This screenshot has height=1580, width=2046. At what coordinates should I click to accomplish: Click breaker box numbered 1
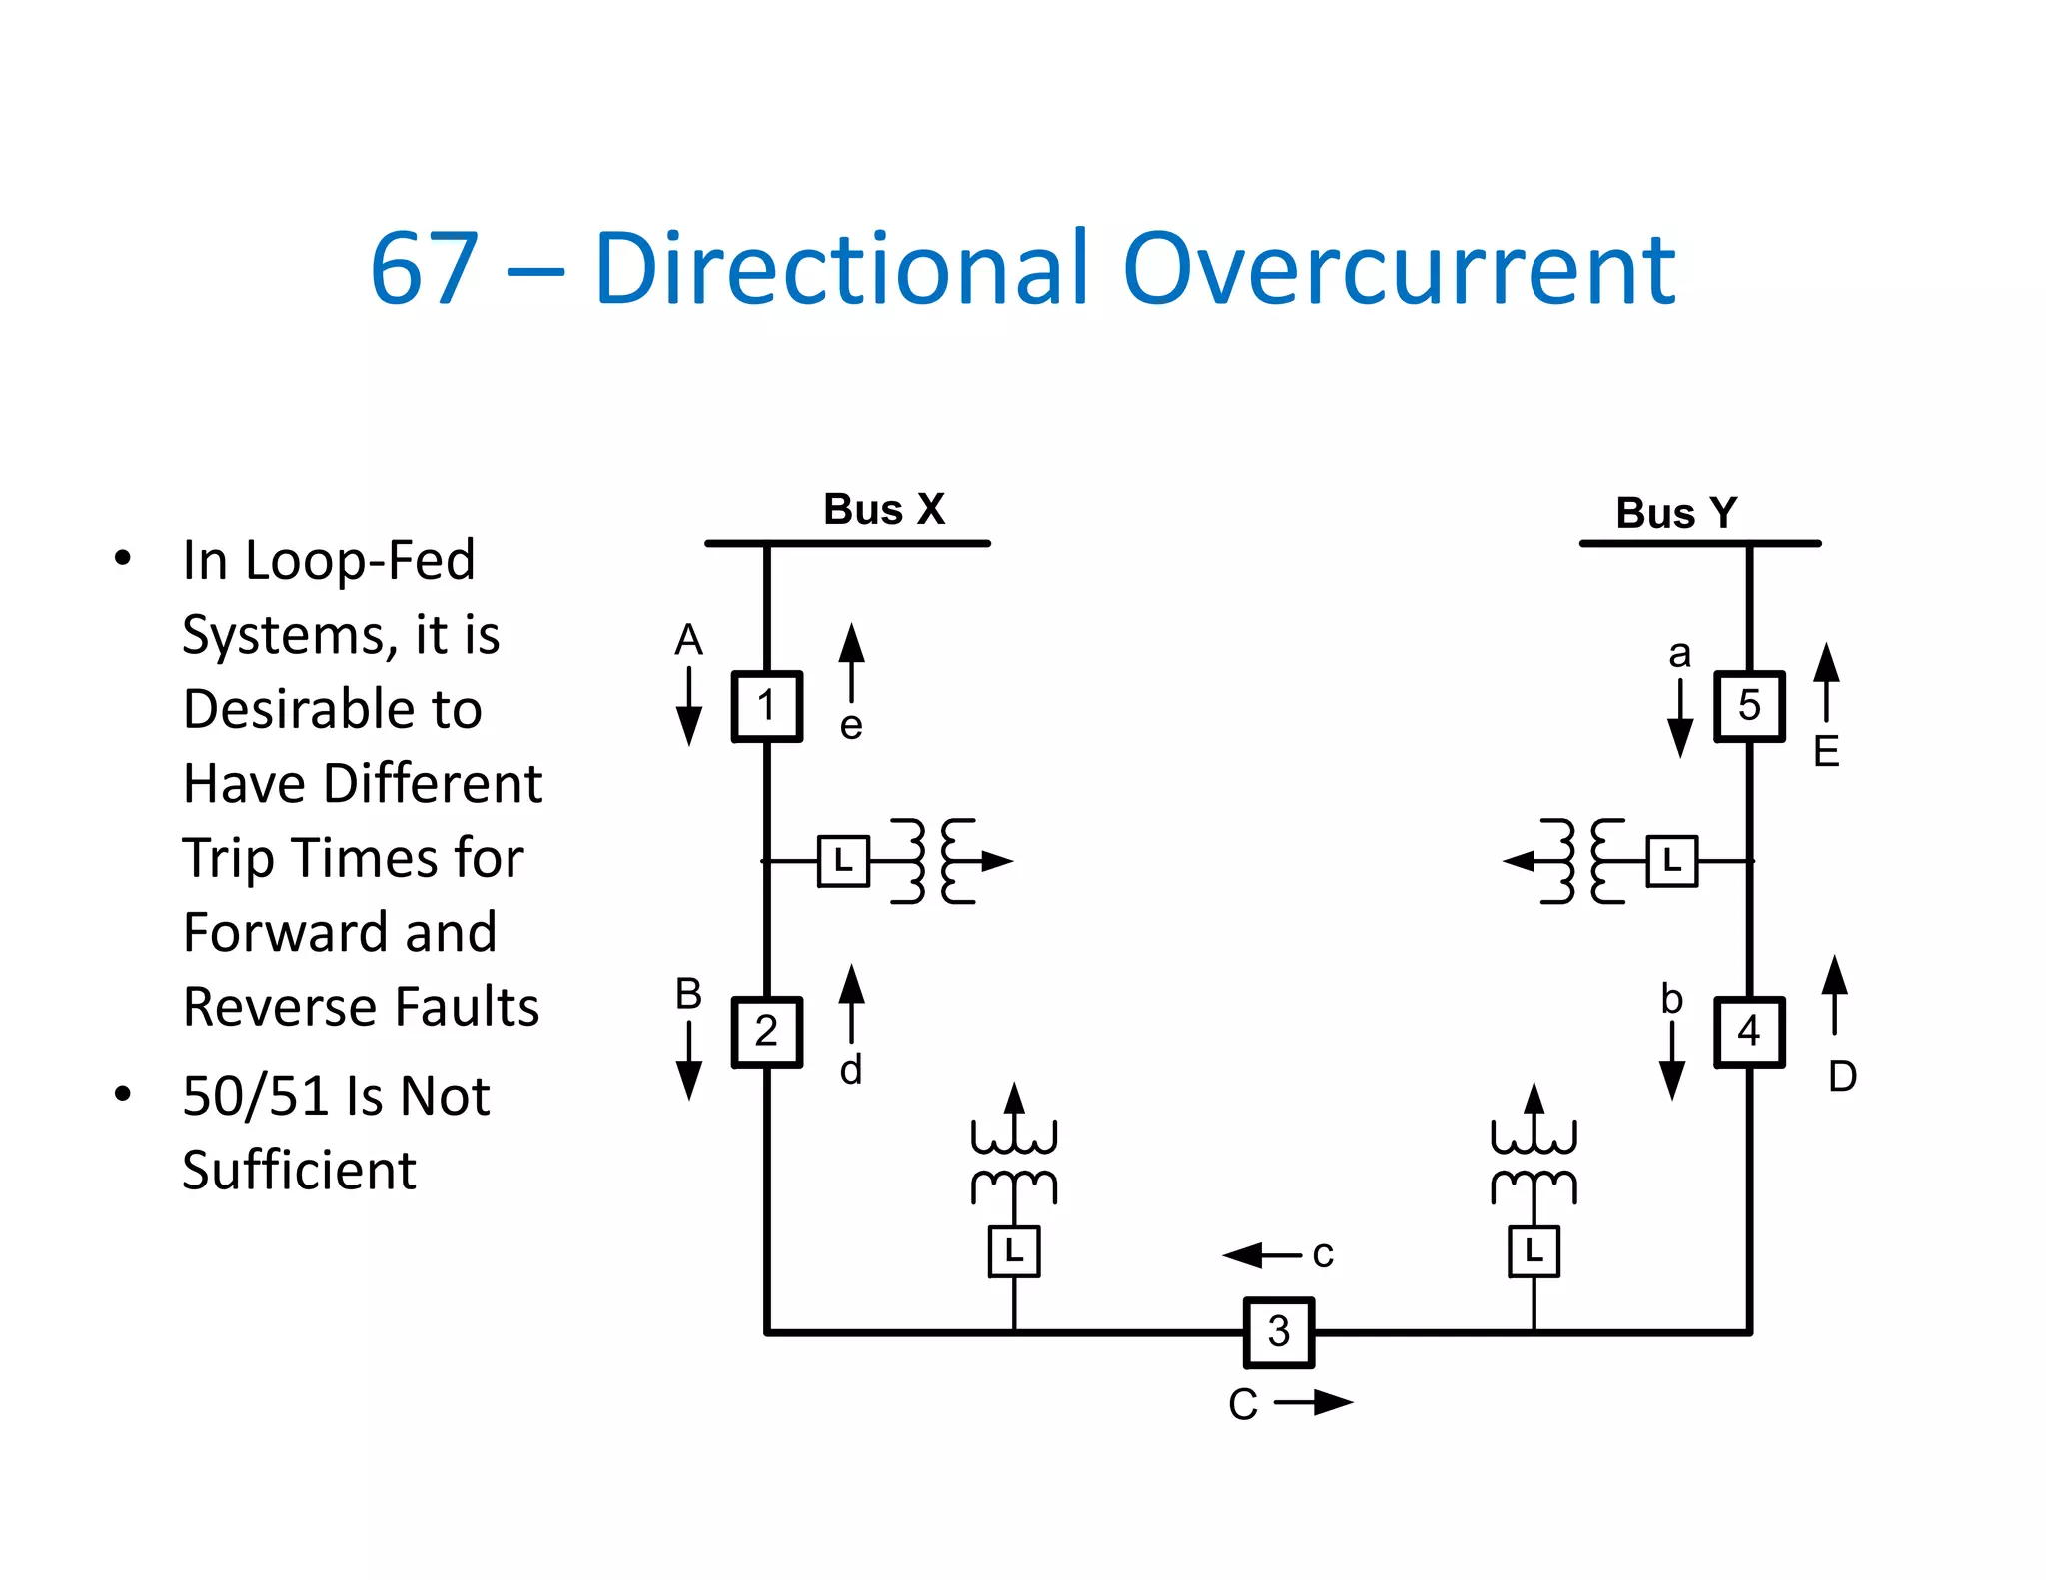(766, 706)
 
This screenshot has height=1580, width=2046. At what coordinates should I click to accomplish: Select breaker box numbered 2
(766, 1032)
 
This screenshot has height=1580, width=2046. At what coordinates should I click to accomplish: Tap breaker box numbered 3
(1278, 1332)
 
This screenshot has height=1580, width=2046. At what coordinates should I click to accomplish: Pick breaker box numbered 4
(1749, 1032)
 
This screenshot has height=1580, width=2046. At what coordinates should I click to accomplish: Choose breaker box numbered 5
(1749, 706)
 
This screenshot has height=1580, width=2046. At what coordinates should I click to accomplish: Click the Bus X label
(883, 510)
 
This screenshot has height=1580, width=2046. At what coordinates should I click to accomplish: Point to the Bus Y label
(1676, 514)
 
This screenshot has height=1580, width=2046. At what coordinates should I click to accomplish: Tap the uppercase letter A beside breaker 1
(688, 640)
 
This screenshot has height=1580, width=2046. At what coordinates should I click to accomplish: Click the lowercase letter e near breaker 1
(851, 726)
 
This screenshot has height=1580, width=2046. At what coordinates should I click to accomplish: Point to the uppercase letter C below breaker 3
(1242, 1405)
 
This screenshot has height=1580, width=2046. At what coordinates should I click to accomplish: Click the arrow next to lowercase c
(1262, 1255)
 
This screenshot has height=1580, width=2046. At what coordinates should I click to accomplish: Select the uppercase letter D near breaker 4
(1842, 1077)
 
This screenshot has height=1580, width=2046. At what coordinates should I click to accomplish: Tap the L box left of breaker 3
(1014, 1251)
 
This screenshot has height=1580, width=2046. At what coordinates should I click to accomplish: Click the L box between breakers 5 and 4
(1671, 861)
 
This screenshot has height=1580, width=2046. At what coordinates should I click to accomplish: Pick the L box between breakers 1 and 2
(843, 861)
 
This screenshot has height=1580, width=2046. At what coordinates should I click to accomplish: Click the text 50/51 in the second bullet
(256, 1097)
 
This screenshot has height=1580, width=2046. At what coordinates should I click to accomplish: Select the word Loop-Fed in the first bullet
(360, 561)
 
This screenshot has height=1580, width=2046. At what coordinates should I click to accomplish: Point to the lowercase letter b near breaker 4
(1671, 999)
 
